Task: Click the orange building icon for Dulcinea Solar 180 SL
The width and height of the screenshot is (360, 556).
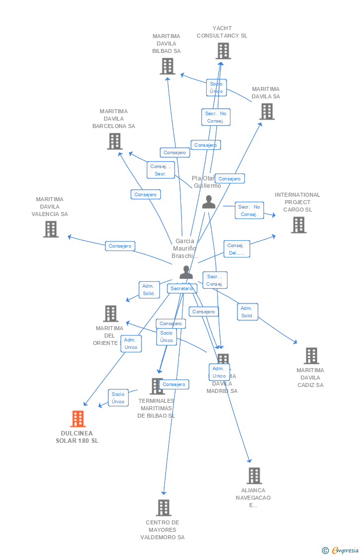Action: click(78, 419)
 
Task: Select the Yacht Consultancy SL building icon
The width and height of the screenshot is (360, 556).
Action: click(223, 51)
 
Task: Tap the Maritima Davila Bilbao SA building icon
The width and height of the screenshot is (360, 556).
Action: click(167, 66)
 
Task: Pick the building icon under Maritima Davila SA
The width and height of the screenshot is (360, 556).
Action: click(267, 112)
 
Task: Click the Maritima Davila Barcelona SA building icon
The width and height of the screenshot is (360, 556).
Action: click(115, 141)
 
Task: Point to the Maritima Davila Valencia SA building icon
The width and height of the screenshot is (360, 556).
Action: click(50, 229)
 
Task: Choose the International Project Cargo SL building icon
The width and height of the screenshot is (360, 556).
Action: click(298, 225)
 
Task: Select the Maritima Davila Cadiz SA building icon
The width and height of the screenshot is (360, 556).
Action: click(311, 356)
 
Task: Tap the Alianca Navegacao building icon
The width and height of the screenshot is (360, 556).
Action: click(254, 476)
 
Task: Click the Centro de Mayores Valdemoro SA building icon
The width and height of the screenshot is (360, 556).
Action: click(163, 508)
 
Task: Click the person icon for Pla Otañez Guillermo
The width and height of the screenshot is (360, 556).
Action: click(209, 202)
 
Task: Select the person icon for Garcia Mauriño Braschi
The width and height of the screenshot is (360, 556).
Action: click(186, 272)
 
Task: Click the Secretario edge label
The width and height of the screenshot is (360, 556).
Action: click(181, 289)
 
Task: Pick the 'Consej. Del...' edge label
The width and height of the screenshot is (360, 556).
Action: click(236, 249)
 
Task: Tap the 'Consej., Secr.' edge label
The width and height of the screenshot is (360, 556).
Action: click(161, 170)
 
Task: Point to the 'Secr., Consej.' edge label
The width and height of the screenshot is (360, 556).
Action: click(215, 280)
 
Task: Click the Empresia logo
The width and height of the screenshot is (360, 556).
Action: click(341, 550)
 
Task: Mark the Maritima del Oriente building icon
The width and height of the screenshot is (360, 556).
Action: click(110, 313)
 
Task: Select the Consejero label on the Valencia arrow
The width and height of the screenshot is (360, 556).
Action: click(120, 246)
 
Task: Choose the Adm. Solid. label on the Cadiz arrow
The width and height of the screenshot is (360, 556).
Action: click(247, 312)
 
